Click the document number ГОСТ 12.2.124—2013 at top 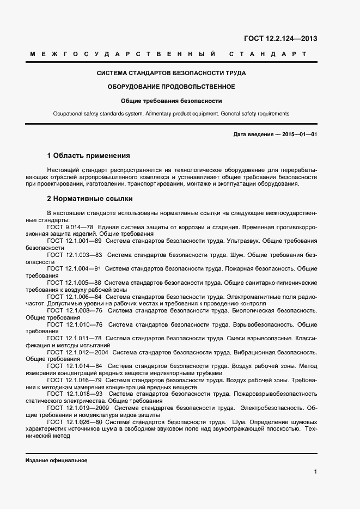[280, 39]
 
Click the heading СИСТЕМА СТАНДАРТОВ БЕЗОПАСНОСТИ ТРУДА [171, 73]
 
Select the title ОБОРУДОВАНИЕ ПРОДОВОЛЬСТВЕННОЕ [171, 87]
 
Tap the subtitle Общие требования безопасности [171, 101]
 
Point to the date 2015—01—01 [299, 134]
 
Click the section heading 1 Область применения [88, 155]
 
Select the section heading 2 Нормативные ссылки [90, 198]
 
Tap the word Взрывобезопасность [261, 324]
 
